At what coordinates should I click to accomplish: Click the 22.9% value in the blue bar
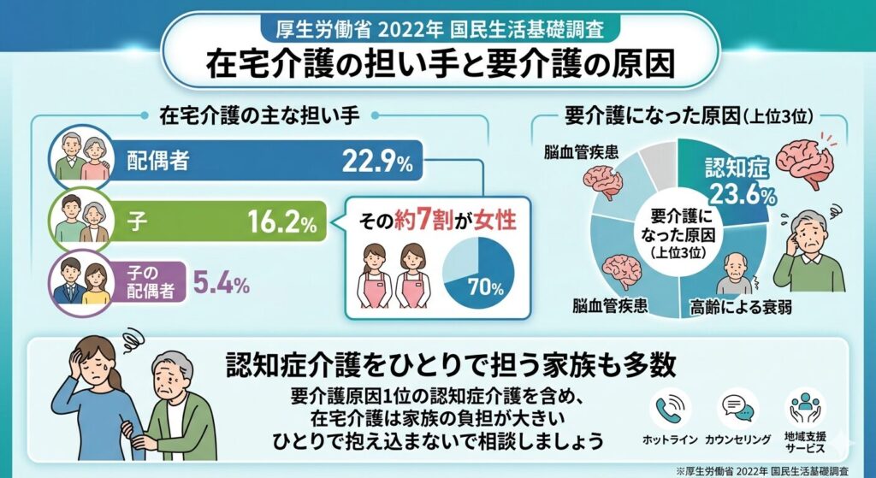pyautogui.click(x=376, y=160)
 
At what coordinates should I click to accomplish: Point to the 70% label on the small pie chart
pyautogui.click(x=484, y=288)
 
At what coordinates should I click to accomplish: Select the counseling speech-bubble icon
pyautogui.click(x=737, y=408)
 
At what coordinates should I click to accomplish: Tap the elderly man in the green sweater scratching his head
pyautogui.click(x=812, y=247)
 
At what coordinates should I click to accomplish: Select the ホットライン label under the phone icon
pyautogui.click(x=669, y=439)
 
